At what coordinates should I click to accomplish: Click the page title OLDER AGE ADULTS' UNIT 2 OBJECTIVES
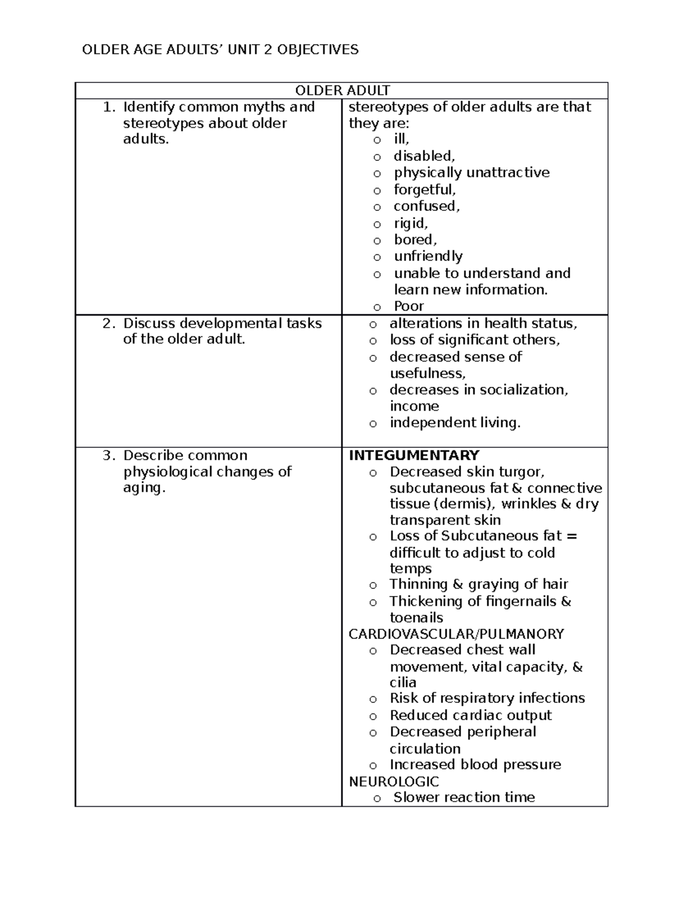[220, 50]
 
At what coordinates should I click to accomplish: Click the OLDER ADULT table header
[343, 91]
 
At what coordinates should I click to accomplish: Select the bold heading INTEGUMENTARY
[414, 455]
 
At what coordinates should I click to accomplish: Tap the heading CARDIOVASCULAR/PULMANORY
[456, 634]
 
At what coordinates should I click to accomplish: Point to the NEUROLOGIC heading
[394, 781]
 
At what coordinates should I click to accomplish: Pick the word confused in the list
[426, 206]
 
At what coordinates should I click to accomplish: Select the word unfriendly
[428, 256]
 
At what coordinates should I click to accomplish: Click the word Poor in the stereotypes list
[409, 306]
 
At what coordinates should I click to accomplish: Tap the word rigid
[411, 223]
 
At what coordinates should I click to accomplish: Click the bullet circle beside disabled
[378, 157]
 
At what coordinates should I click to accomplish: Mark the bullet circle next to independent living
[373, 423]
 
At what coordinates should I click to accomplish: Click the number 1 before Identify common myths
[106, 107]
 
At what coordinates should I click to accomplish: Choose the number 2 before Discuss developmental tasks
[106, 324]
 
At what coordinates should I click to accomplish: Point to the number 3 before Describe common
[106, 455]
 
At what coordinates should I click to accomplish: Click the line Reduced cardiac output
[470, 715]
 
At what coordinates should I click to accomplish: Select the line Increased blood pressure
[475, 764]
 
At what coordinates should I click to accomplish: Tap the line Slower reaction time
[464, 797]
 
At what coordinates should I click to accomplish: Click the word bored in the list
[415, 240]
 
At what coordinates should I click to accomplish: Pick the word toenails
[416, 617]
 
